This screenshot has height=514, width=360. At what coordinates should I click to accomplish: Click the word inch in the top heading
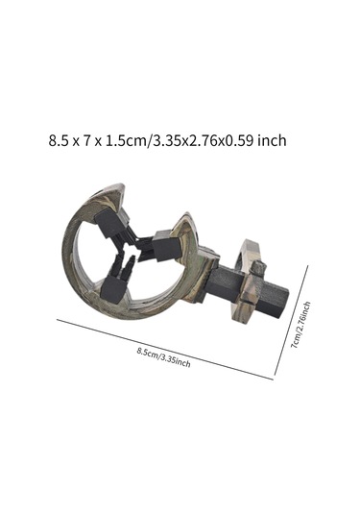[x=272, y=140]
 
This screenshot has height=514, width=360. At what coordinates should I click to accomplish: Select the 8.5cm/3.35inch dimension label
[x=163, y=357]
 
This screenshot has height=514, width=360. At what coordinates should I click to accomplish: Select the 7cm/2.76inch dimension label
[x=300, y=325]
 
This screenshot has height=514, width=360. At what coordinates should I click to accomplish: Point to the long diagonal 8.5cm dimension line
[x=165, y=350]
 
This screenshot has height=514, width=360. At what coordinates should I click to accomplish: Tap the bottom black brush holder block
[x=113, y=290]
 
